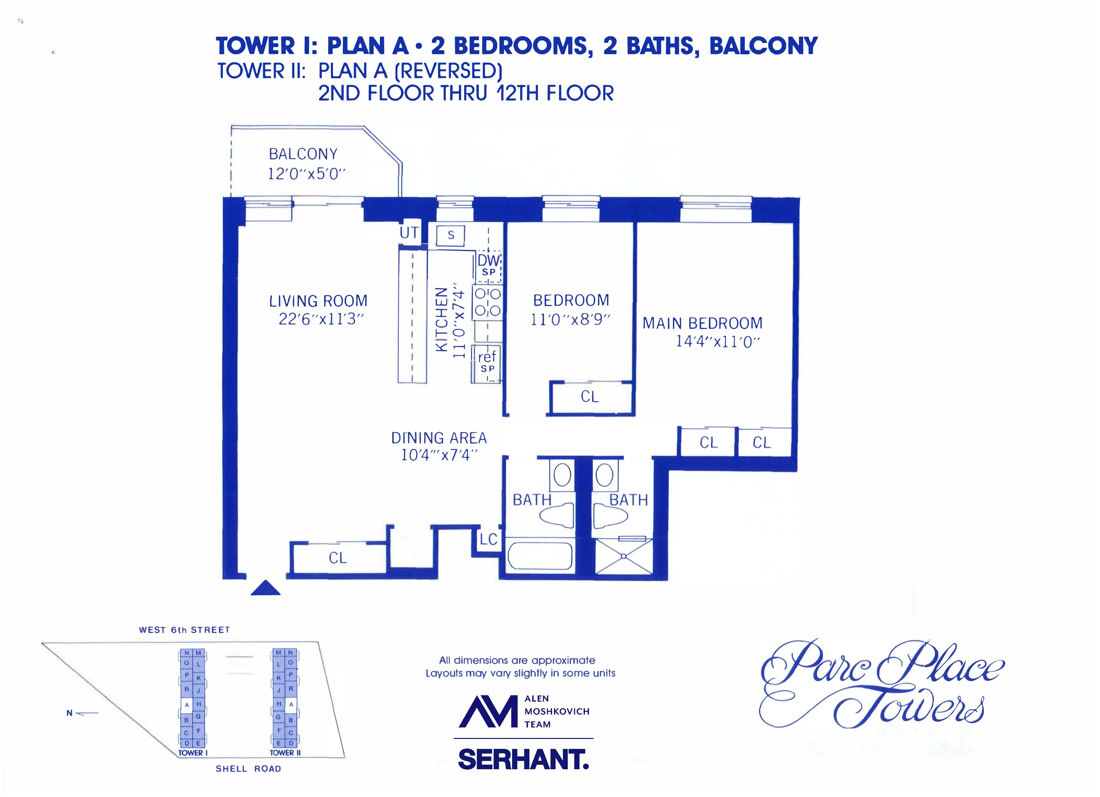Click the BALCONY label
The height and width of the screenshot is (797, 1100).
coord(303,154)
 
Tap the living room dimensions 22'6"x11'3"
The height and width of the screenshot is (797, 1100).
coord(321,319)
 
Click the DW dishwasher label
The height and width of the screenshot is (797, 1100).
coord(488,260)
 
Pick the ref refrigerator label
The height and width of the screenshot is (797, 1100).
coord(487,357)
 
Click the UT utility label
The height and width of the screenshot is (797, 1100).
coord(409,233)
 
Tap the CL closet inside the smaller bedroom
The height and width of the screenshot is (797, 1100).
coord(589,397)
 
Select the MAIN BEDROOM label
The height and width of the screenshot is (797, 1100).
coord(702,323)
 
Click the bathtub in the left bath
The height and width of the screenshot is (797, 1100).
coord(539,555)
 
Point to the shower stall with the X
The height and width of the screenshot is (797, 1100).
coord(624,557)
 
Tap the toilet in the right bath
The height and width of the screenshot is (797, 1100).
coord(610,516)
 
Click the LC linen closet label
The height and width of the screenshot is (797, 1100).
coord(488,539)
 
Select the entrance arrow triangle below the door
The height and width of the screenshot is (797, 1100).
coord(265,588)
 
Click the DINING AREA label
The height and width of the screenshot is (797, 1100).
coord(439,438)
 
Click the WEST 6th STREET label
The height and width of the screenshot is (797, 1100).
coord(184,629)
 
